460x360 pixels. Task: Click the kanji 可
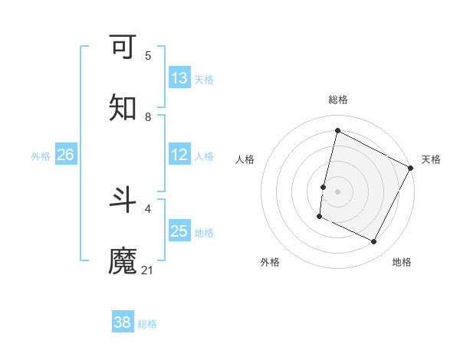tap(123, 47)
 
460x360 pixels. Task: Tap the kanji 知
tap(123, 107)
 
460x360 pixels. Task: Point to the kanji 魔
tap(123, 261)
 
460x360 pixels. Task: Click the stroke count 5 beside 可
tap(148, 55)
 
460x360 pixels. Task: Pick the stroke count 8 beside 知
tap(148, 116)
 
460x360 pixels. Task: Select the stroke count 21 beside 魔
tap(148, 270)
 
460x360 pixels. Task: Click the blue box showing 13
tap(179, 78)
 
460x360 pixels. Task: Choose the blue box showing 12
tap(179, 155)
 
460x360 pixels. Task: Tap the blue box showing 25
tap(179, 231)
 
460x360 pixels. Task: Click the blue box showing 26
tap(65, 155)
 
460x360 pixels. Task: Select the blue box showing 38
tap(123, 322)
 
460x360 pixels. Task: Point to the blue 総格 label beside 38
tap(147, 324)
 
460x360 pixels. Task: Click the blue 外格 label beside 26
tap(41, 156)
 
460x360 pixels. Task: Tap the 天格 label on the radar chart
tap(431, 159)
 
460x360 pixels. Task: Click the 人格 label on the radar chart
tap(245, 159)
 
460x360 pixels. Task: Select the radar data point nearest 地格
tap(374, 242)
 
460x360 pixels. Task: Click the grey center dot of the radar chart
tap(337, 191)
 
